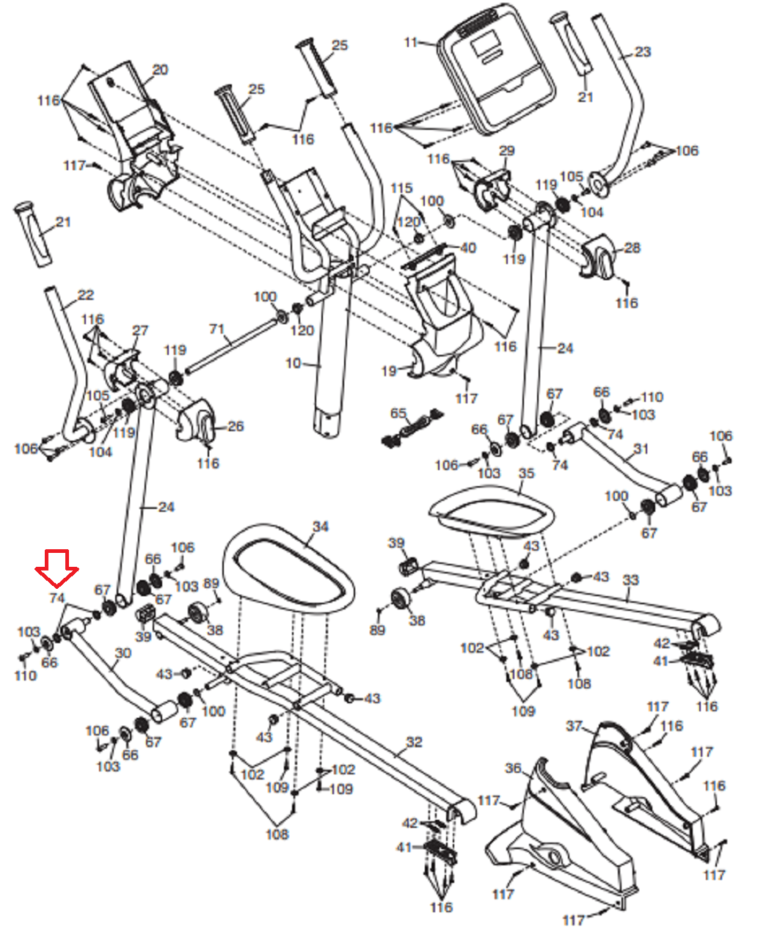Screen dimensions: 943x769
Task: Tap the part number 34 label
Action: [320, 526]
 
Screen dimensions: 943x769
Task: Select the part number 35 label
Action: [526, 474]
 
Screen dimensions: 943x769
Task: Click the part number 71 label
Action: [216, 329]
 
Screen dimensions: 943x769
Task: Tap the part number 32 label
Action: [414, 742]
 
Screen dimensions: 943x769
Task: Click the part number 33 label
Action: [630, 580]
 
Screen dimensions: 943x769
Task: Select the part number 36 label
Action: [513, 768]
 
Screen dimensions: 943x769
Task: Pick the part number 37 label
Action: [574, 727]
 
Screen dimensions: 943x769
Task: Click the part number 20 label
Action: [160, 70]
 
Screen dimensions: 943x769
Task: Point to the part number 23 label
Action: [642, 51]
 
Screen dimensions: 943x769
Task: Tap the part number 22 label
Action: [86, 296]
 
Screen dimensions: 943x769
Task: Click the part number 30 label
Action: [123, 653]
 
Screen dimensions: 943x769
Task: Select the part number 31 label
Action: [641, 448]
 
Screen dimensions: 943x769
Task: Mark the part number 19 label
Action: [388, 371]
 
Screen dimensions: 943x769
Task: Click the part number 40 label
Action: [467, 248]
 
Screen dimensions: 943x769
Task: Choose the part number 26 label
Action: [236, 426]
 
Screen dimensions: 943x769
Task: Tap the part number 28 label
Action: [632, 248]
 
